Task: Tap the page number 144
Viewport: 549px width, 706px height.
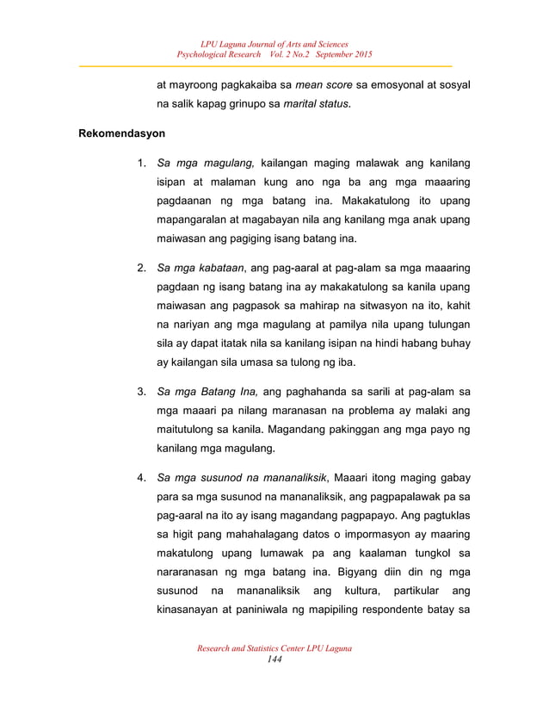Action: click(x=274, y=659)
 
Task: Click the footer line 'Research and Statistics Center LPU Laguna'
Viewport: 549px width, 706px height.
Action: click(x=274, y=647)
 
